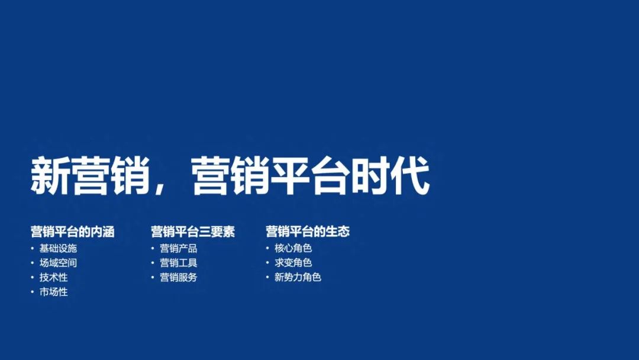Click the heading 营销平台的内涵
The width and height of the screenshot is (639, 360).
[72, 232]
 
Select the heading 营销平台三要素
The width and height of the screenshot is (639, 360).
[192, 232]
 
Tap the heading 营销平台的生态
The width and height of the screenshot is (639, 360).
[307, 232]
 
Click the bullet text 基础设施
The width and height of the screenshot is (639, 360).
[58, 248]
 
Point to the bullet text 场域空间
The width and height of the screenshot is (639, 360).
[58, 263]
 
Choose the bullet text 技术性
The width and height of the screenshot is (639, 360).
[53, 277]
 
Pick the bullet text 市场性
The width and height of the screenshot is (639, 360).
[53, 292]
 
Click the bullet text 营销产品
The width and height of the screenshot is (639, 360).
[178, 248]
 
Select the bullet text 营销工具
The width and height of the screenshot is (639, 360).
[178, 263]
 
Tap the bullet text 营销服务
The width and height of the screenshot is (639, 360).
[178, 277]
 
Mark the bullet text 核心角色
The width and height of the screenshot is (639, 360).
[293, 248]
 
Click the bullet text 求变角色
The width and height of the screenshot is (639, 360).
[293, 263]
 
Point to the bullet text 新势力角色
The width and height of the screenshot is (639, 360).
[298, 277]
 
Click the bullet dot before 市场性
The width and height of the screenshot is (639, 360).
[33, 292]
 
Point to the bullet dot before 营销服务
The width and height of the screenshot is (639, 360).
[153, 277]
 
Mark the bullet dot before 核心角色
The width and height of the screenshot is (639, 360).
[268, 248]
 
